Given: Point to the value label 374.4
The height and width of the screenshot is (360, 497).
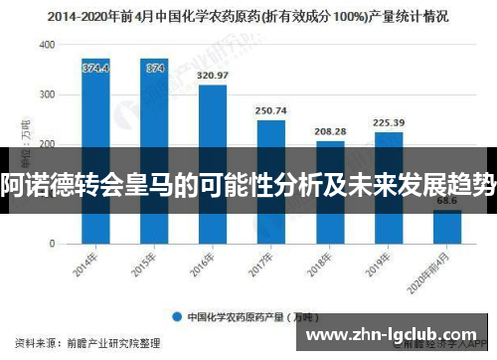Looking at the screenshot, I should click(95, 68).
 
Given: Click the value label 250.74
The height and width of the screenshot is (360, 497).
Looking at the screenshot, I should click(270, 110).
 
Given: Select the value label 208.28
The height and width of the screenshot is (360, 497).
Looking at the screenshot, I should click(329, 131).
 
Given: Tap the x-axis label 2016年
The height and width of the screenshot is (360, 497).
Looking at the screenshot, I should click(205, 264).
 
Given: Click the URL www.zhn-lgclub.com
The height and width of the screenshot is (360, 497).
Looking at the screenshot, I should click(400, 334).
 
